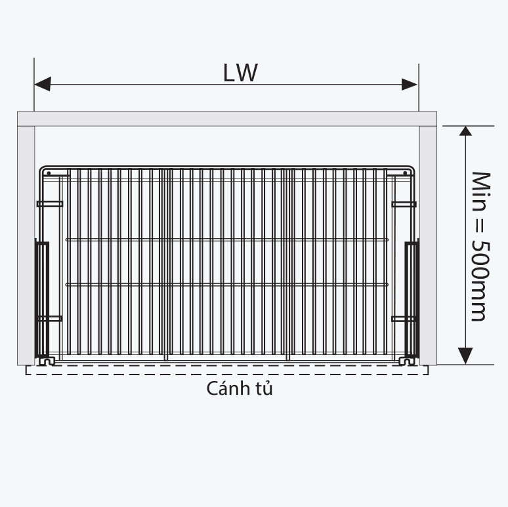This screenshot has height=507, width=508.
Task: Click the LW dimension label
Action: pyautogui.click(x=240, y=72)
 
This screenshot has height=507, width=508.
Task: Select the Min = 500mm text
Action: pyautogui.click(x=481, y=246)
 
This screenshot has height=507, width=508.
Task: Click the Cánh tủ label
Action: pyautogui.click(x=240, y=388)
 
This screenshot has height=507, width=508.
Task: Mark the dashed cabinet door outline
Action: pyautogui.click(x=226, y=371)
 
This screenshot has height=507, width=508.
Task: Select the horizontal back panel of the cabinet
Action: pyautogui.click(x=226, y=119)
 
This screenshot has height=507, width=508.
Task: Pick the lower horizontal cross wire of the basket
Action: pyautogui.click(x=226, y=284)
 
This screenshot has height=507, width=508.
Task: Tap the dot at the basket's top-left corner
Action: pyautogui.click(x=48, y=173)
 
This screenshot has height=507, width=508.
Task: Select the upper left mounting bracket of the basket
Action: pyautogui.click(x=50, y=204)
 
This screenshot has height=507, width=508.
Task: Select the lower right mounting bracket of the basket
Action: pyautogui.click(x=404, y=319)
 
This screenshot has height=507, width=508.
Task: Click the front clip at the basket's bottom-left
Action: pyautogui.click(x=45, y=360)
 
